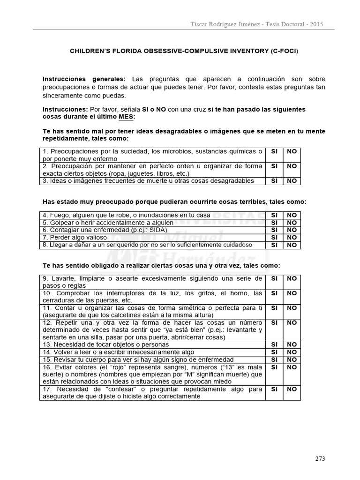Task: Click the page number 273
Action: pyautogui.click(x=320, y=458)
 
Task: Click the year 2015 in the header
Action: pyautogui.click(x=315, y=24)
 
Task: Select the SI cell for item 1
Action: pyautogui.click(x=274, y=151)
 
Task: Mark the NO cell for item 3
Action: pyautogui.click(x=292, y=180)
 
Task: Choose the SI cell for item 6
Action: pyautogui.click(x=274, y=230)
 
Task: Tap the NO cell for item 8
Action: pyautogui.click(x=292, y=245)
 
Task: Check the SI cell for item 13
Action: pyautogui.click(x=274, y=345)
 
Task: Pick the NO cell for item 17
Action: pyautogui.click(x=292, y=389)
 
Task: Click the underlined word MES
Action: pyautogui.click(x=126, y=117)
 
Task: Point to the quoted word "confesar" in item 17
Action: pyautogui.click(x=114, y=389)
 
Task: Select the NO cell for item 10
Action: pyautogui.click(x=292, y=293)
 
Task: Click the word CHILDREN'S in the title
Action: pyautogui.click(x=91, y=50)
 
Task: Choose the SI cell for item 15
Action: pyautogui.click(x=274, y=360)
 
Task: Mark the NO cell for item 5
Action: pyautogui.click(x=292, y=222)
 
